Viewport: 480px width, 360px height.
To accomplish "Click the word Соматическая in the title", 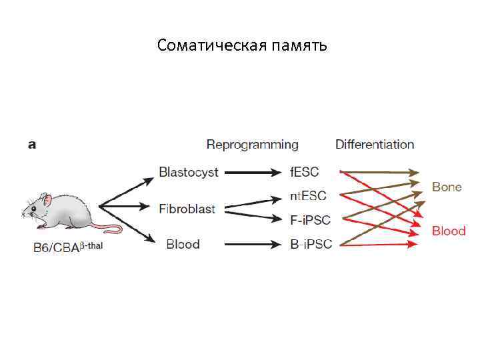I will (x=210, y=46).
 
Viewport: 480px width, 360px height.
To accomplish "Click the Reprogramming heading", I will (x=252, y=145).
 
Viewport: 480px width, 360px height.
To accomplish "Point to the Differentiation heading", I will (x=374, y=145).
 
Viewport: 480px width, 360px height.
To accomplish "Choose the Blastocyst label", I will (x=188, y=172).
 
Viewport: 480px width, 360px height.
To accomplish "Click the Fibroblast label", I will (x=187, y=209).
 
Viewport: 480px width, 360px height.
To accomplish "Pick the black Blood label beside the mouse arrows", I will (x=183, y=244).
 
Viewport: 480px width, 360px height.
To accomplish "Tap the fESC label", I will (x=305, y=172).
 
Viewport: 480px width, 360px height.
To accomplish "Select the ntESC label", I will (x=308, y=195).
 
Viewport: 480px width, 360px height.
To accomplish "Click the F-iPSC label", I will (x=310, y=219).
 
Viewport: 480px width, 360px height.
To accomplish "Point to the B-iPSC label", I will (x=311, y=245).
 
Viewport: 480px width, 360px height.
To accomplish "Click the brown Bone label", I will (x=447, y=187).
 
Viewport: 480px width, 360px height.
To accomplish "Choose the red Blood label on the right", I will (x=449, y=231).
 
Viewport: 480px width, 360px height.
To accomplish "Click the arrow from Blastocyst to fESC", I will (x=253, y=173).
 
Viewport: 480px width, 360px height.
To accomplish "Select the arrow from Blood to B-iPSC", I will (x=253, y=245).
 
